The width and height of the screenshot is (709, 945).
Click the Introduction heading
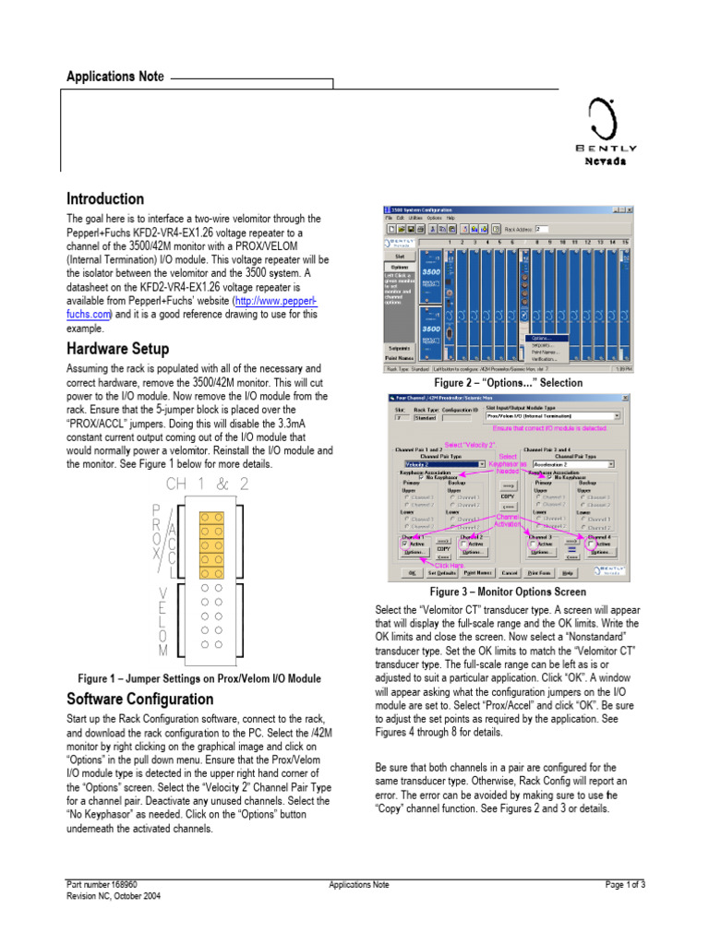pyautogui.click(x=105, y=198)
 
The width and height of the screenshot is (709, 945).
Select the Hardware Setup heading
pyautogui.click(x=117, y=349)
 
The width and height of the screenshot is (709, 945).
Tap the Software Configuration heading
pyautogui.click(x=140, y=700)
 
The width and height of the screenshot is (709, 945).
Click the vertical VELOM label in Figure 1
pyautogui.click(x=162, y=623)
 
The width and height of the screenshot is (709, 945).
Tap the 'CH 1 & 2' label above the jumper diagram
pyautogui.click(x=207, y=484)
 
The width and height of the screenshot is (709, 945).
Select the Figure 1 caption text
pyautogui.click(x=199, y=678)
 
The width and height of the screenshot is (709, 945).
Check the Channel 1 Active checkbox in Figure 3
pyautogui.click(x=405, y=544)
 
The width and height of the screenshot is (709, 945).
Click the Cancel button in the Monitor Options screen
pyautogui.click(x=509, y=572)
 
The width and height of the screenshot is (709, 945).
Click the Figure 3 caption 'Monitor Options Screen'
pyautogui.click(x=508, y=592)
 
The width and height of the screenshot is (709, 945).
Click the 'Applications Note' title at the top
pyautogui.click(x=114, y=77)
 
